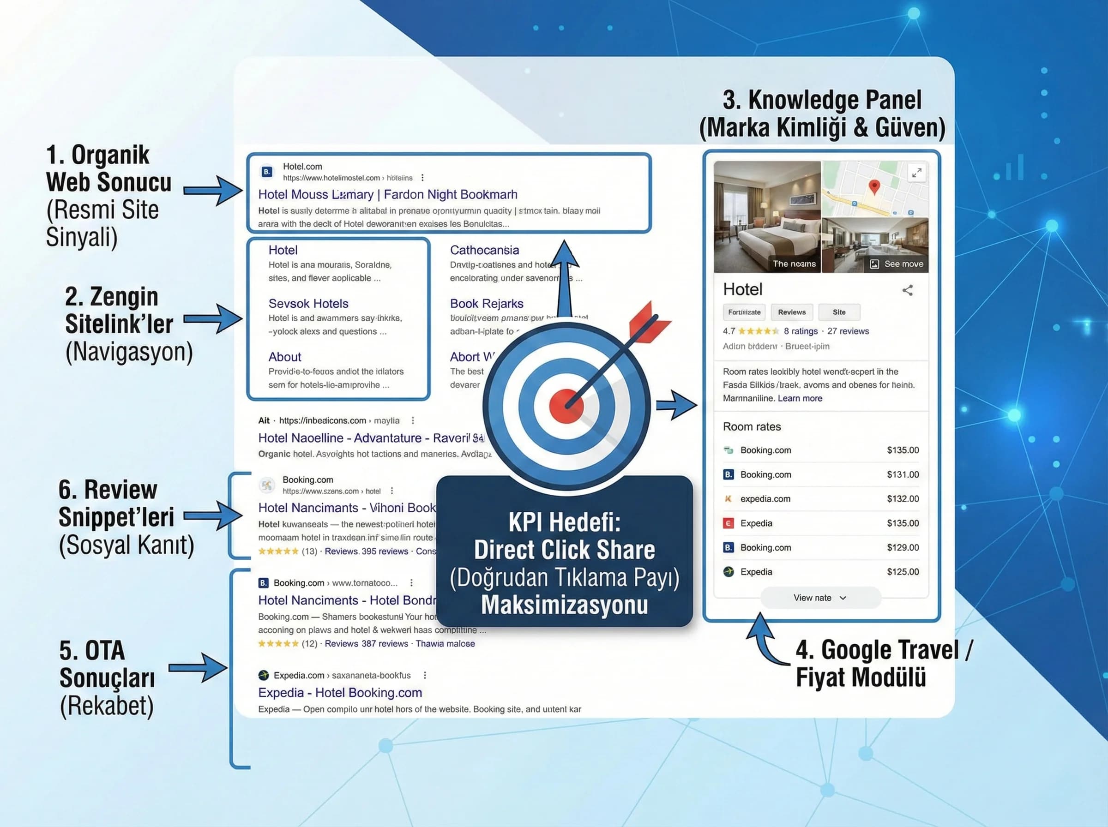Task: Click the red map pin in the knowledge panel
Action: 873,186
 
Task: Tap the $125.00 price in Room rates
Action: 902,572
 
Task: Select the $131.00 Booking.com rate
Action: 902,474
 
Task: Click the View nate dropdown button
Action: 819,598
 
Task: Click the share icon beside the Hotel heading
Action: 907,290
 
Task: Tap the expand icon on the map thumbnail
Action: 916,173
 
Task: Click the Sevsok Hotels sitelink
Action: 308,303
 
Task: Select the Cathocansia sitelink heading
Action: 484,250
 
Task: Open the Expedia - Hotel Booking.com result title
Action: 339,692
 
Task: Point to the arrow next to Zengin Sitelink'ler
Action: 213,319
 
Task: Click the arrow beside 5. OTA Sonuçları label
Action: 198,668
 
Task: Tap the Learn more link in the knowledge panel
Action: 800,398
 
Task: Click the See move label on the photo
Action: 903,264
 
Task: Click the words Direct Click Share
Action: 564,550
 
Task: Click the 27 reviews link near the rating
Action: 848,331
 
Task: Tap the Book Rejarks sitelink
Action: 486,303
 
